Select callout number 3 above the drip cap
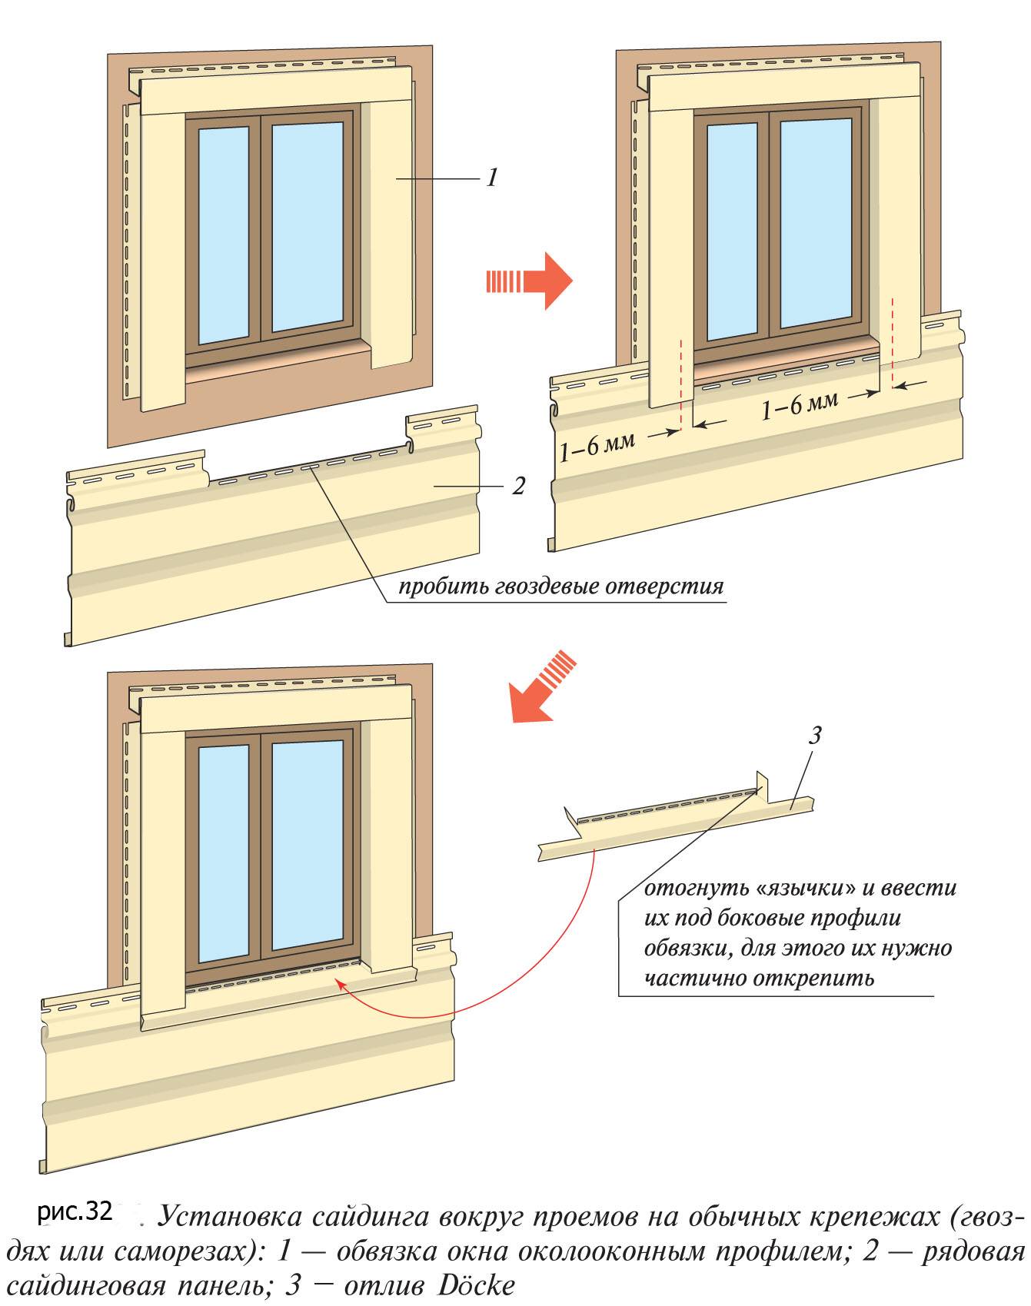click(815, 736)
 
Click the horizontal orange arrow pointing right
click(530, 281)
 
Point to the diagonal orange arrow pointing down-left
click(542, 687)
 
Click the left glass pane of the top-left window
click(224, 235)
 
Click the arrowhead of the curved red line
click(339, 985)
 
